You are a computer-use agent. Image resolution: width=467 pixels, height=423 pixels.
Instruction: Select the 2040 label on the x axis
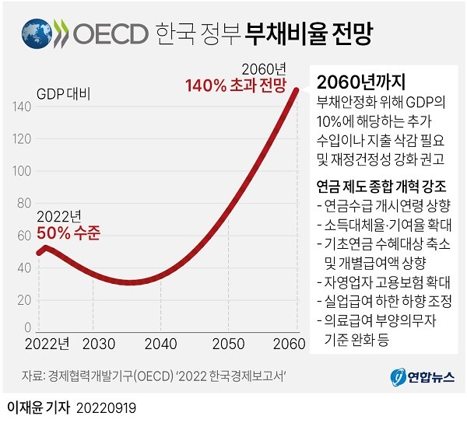click(161, 343)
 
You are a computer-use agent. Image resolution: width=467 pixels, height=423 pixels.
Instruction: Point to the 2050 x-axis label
click(228, 343)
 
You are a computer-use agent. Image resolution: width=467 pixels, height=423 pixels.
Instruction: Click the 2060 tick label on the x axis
click(293, 343)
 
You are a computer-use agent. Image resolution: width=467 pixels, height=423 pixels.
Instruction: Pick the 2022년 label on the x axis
click(46, 343)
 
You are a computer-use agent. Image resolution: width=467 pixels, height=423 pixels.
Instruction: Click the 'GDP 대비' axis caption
click(63, 95)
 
